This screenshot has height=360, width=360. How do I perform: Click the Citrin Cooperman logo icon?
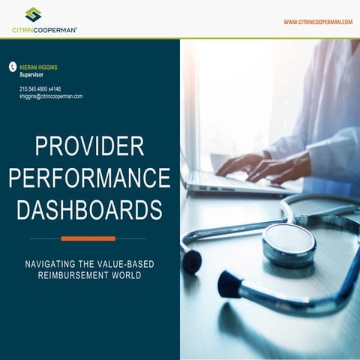33,13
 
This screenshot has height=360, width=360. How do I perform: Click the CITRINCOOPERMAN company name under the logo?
44,30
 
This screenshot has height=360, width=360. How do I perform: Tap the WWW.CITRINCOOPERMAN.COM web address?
317,22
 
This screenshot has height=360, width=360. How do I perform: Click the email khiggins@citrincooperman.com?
51,97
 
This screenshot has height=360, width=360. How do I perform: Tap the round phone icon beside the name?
12,67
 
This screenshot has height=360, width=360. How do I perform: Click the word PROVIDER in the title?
89,145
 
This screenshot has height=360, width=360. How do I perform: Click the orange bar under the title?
88,238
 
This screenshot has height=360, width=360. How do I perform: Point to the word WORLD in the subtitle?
126,275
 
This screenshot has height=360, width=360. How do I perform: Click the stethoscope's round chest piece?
289,244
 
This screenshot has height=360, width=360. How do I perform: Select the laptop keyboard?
225,180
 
